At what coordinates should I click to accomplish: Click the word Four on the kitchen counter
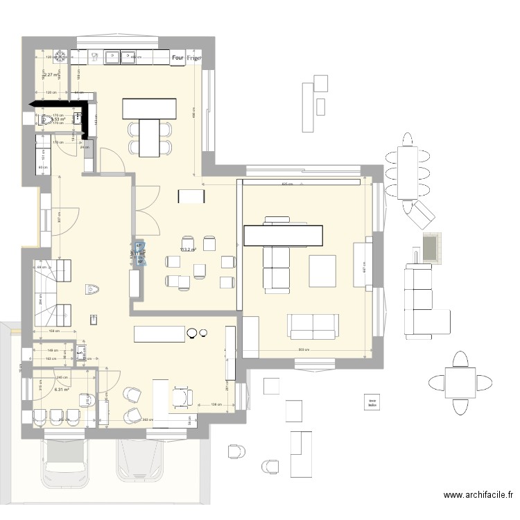[x=177, y=59]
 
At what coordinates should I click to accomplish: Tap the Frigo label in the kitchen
[x=193, y=59]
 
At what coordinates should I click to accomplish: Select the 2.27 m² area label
[x=51, y=74]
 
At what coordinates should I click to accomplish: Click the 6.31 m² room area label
[x=43, y=390]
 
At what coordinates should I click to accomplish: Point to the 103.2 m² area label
[x=187, y=250]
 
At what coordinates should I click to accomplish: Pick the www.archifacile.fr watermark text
[x=478, y=495]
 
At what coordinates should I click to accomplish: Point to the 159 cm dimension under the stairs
[x=53, y=331]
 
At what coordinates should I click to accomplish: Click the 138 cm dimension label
[x=216, y=404]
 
